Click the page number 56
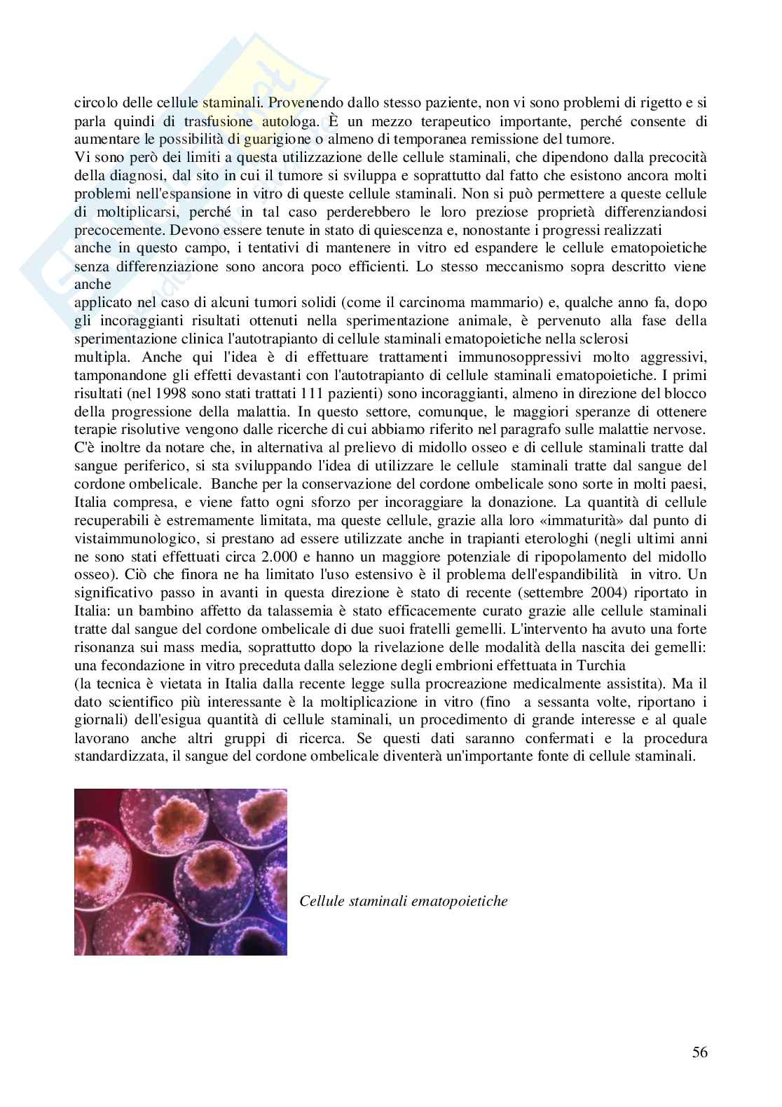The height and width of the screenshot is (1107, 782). coord(699,1052)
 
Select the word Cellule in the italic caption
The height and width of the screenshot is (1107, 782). coord(320,901)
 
